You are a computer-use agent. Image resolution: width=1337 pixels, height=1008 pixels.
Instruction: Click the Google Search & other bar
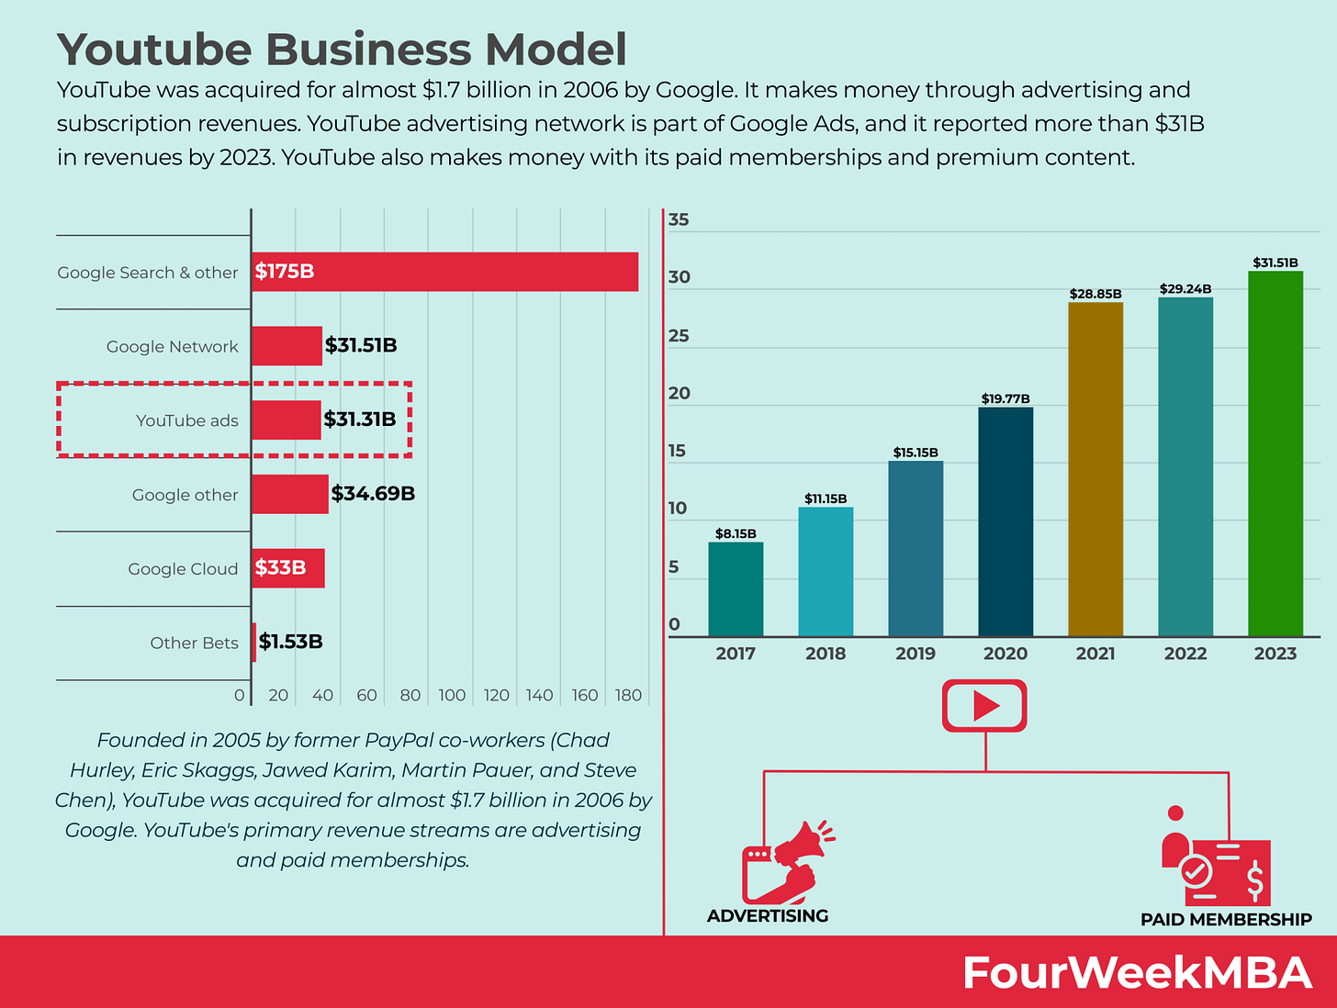444,272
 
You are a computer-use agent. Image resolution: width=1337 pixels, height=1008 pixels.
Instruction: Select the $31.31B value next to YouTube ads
360,420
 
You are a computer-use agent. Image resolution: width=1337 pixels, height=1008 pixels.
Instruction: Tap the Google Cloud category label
183,569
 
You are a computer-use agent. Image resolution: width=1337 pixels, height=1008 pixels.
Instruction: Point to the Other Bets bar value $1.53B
290,642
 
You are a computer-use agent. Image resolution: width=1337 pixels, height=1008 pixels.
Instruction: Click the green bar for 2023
1275,454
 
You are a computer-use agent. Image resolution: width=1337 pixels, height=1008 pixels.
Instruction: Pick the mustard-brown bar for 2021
1095,469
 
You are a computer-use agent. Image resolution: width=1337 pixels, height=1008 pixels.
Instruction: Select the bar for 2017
736,589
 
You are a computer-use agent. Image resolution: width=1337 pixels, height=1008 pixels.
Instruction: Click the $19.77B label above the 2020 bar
1006,398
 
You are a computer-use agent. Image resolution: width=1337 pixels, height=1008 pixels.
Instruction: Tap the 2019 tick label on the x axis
916,654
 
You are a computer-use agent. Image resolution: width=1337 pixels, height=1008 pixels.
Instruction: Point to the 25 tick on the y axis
679,336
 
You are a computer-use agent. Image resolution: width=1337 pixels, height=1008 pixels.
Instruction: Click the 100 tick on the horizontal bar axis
452,695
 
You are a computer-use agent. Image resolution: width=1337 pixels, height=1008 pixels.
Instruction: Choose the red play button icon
984,705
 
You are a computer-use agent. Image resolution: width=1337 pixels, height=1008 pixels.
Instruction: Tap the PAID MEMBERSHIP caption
1226,919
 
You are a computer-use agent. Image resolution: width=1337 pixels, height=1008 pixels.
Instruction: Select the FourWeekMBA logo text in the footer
1137,972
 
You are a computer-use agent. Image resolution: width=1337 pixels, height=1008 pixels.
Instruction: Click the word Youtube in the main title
154,50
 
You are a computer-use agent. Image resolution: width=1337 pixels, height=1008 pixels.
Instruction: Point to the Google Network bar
286,346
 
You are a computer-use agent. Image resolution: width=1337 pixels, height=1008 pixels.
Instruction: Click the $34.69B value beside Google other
373,494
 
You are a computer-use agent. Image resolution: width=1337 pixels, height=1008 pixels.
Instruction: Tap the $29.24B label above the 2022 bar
1185,288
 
